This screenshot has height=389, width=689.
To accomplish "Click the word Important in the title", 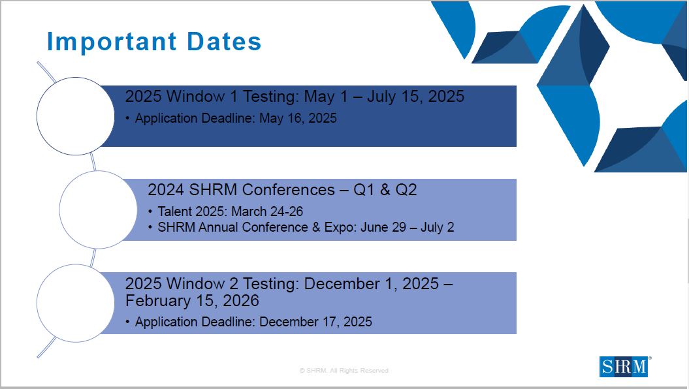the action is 112,42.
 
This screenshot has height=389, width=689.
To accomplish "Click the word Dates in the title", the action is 224,41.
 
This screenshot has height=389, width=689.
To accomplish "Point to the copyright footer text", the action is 344,371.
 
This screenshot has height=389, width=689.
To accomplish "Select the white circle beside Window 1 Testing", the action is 76,116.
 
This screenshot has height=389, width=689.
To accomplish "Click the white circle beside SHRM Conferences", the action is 99,210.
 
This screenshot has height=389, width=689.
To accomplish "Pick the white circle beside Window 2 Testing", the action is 76,303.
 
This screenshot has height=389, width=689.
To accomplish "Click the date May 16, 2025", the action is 298,119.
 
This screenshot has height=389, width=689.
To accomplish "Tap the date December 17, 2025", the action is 315,322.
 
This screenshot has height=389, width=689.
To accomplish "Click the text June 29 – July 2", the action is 408,227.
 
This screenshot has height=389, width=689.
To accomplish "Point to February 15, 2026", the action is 192,301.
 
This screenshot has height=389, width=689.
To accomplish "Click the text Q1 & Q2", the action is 385,190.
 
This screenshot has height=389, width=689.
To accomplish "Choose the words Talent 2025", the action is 192,211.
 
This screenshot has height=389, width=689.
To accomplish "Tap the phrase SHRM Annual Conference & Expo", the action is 257,227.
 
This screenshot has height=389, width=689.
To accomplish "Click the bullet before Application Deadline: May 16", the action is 127,119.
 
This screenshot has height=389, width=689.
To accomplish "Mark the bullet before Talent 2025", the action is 150,211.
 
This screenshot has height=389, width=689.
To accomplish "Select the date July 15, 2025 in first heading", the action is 415,97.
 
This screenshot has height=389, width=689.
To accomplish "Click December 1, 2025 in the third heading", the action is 372,284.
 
